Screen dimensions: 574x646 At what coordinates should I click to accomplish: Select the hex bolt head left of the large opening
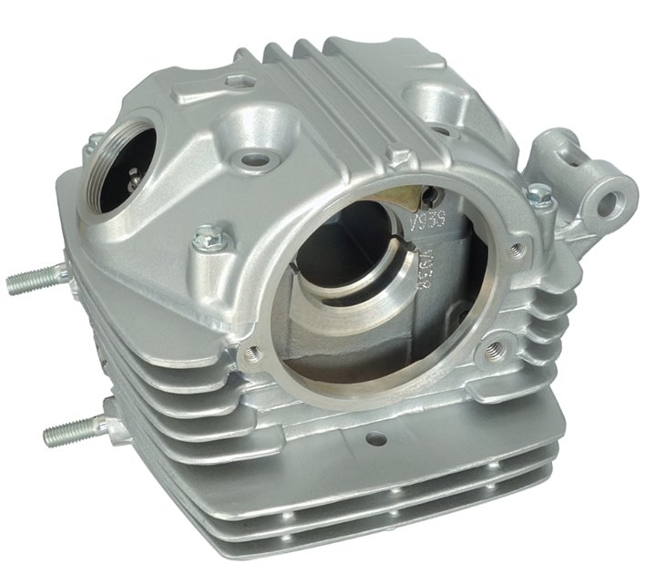206,239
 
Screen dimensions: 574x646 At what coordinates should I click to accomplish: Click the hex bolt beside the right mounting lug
540,194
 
